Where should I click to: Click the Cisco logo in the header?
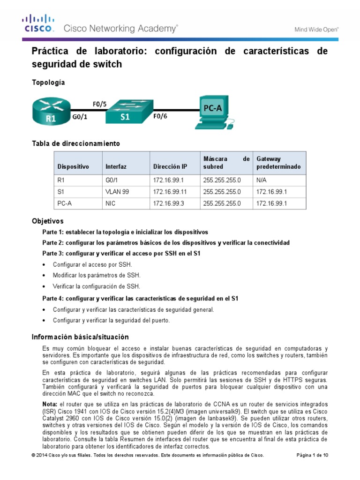(39, 23)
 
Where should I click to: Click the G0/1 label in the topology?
(81, 119)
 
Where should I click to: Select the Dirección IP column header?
(170, 167)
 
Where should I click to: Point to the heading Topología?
(48, 82)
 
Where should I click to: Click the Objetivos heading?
(47, 221)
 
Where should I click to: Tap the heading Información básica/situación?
(80, 337)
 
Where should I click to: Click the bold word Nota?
(50, 404)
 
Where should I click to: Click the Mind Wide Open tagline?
(316, 29)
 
